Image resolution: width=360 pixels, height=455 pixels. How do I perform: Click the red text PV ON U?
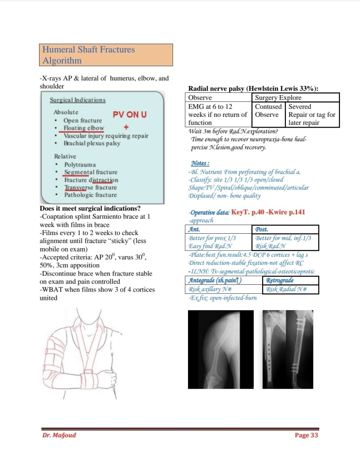pos(130,115)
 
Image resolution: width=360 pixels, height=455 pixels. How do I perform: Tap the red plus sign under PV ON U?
pos(125,127)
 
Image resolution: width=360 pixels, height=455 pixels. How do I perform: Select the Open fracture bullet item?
pos(82,120)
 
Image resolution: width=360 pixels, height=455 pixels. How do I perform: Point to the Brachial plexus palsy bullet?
pos(92,144)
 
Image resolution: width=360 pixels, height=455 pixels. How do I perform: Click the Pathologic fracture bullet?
pos(90,195)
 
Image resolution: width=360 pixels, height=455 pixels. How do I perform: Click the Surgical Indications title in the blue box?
pos(78,100)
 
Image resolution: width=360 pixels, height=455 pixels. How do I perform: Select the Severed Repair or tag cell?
pos(312,115)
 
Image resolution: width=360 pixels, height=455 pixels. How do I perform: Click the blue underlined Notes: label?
pos(200,163)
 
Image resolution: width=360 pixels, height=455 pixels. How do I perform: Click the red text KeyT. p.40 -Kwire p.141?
pos(268,212)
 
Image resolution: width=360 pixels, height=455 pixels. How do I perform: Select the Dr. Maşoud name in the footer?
pos(59,435)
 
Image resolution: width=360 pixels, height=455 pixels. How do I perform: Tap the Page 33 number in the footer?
pos(306,435)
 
